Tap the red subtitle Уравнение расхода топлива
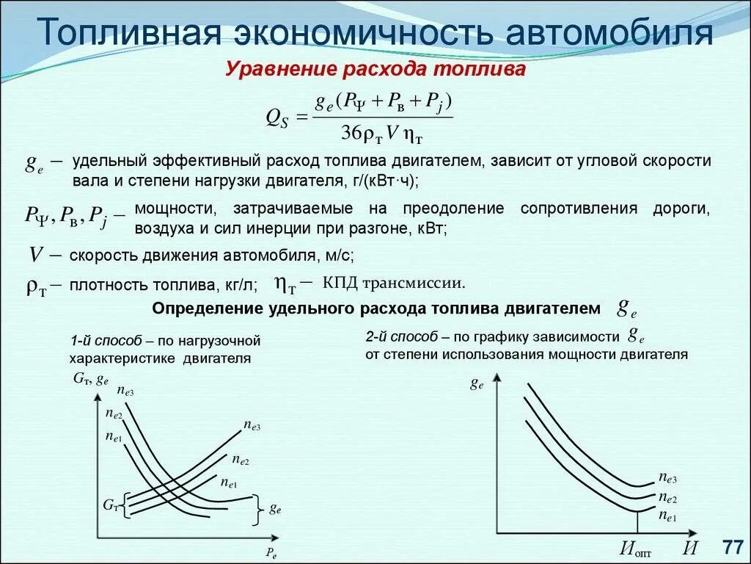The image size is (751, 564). tap(375, 70)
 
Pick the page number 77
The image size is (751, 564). tap(733, 547)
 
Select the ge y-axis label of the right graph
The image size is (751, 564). tap(477, 383)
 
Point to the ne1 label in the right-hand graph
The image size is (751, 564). tap(667, 517)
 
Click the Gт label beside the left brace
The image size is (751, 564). tap(110, 505)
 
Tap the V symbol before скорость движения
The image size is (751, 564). tap(35, 256)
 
